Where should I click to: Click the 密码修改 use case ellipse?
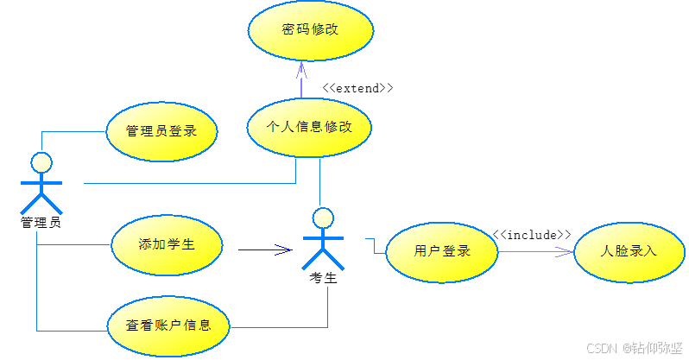(311, 30)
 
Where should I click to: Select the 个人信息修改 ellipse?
(310, 127)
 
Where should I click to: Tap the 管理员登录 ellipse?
(161, 132)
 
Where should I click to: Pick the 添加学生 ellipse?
(167, 244)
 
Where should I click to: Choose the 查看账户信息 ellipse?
(169, 325)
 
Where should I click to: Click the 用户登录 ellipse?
(441, 251)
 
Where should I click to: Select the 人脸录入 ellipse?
(629, 251)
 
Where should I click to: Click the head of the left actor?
(41, 162)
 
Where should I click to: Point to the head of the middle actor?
(323, 217)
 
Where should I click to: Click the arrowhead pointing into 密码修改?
(301, 68)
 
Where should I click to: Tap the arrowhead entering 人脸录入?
(566, 251)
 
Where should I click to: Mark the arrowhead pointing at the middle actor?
(284, 250)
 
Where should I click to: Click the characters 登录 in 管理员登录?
(182, 132)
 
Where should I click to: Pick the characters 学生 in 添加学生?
(180, 244)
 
